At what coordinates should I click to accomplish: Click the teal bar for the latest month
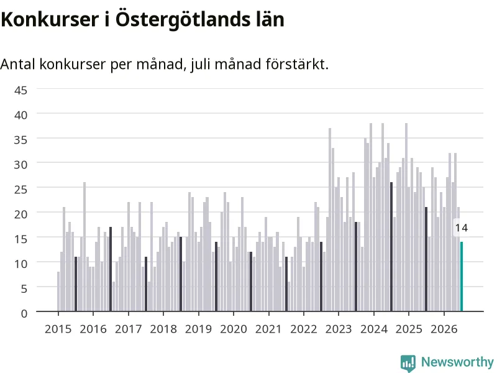tap(462, 276)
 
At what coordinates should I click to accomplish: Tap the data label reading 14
tap(462, 228)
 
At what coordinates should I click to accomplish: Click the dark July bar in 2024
tap(391, 246)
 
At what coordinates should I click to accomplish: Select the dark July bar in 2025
tap(426, 259)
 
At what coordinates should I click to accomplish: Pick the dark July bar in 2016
tap(111, 269)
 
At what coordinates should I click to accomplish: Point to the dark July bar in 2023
tap(356, 267)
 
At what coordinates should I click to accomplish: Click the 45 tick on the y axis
tap(21, 90)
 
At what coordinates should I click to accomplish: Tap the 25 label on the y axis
tap(21, 190)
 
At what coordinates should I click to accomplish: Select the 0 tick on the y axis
tap(24, 313)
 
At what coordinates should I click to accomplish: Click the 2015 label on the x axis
tap(58, 329)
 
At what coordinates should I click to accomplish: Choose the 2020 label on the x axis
tap(234, 329)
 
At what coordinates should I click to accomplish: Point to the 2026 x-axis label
tap(444, 329)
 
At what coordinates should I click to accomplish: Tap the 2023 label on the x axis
tap(339, 329)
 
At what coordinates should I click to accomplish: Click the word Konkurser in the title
tap(50, 19)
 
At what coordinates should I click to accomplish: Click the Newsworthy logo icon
tap(408, 363)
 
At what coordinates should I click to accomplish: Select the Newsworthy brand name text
tap(457, 362)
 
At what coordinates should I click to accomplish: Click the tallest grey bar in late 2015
tap(84, 246)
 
